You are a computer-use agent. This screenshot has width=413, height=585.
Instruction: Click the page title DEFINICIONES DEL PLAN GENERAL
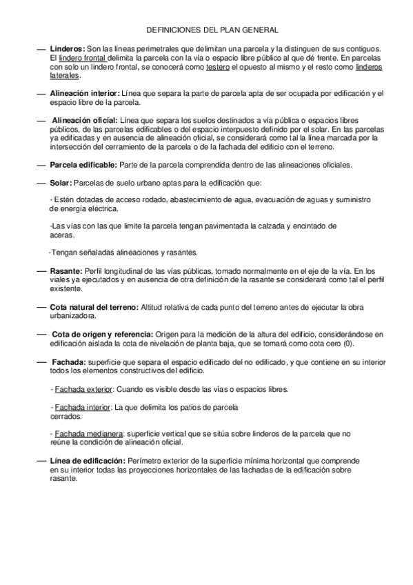pyautogui.click(x=213, y=31)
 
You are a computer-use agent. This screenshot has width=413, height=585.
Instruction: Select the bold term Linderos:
pyautogui.click(x=68, y=50)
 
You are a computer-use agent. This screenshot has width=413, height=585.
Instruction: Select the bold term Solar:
pyautogui.click(x=60, y=182)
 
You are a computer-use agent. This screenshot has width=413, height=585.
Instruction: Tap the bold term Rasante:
pyautogui.click(x=66, y=271)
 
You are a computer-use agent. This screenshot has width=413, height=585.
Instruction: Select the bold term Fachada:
pyautogui.click(x=68, y=361)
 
